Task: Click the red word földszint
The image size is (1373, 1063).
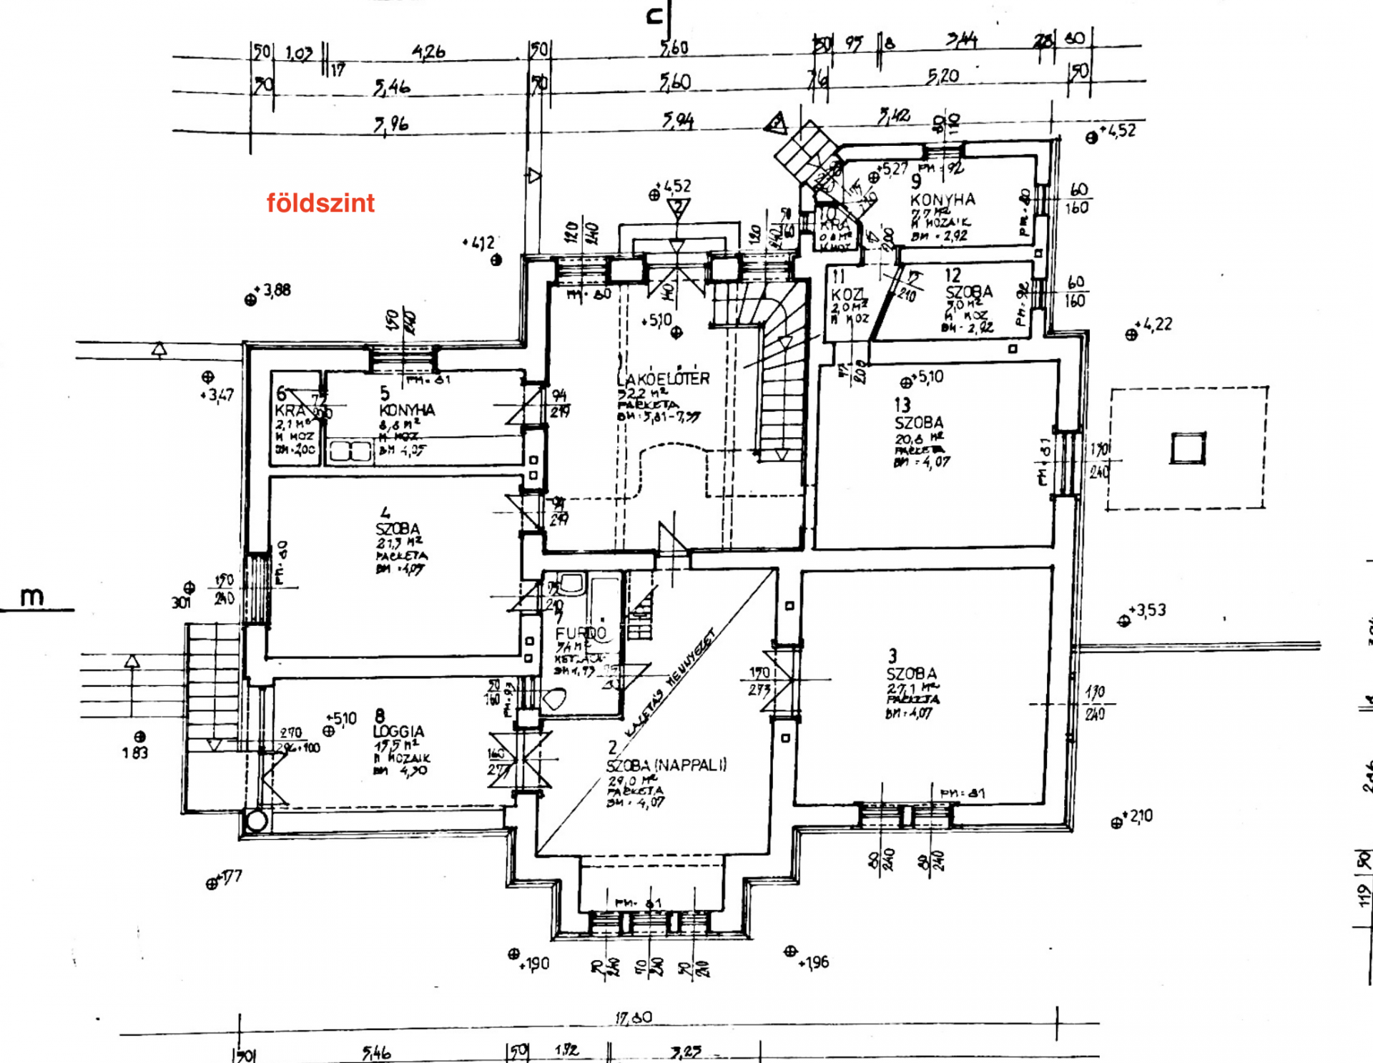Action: [320, 203]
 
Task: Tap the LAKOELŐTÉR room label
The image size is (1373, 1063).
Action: [664, 379]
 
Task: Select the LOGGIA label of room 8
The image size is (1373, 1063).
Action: [398, 731]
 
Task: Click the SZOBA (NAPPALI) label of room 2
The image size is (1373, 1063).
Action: [666, 765]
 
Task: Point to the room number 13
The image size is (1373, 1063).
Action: [902, 405]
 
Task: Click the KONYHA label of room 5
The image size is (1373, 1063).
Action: [407, 410]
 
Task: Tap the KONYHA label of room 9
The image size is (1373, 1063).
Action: [943, 200]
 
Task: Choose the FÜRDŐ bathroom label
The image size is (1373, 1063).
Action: [581, 632]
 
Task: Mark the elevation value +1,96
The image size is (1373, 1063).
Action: [815, 962]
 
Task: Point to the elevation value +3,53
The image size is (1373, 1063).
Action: [1151, 610]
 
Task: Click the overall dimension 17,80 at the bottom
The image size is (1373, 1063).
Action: [634, 1017]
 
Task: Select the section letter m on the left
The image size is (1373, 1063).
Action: [31, 596]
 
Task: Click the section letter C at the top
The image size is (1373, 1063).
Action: [654, 16]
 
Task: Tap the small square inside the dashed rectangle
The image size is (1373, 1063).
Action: [1188, 449]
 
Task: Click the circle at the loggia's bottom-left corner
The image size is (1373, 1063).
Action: [256, 820]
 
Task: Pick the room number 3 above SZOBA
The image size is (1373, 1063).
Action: [892, 655]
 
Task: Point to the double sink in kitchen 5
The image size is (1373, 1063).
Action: [350, 451]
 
